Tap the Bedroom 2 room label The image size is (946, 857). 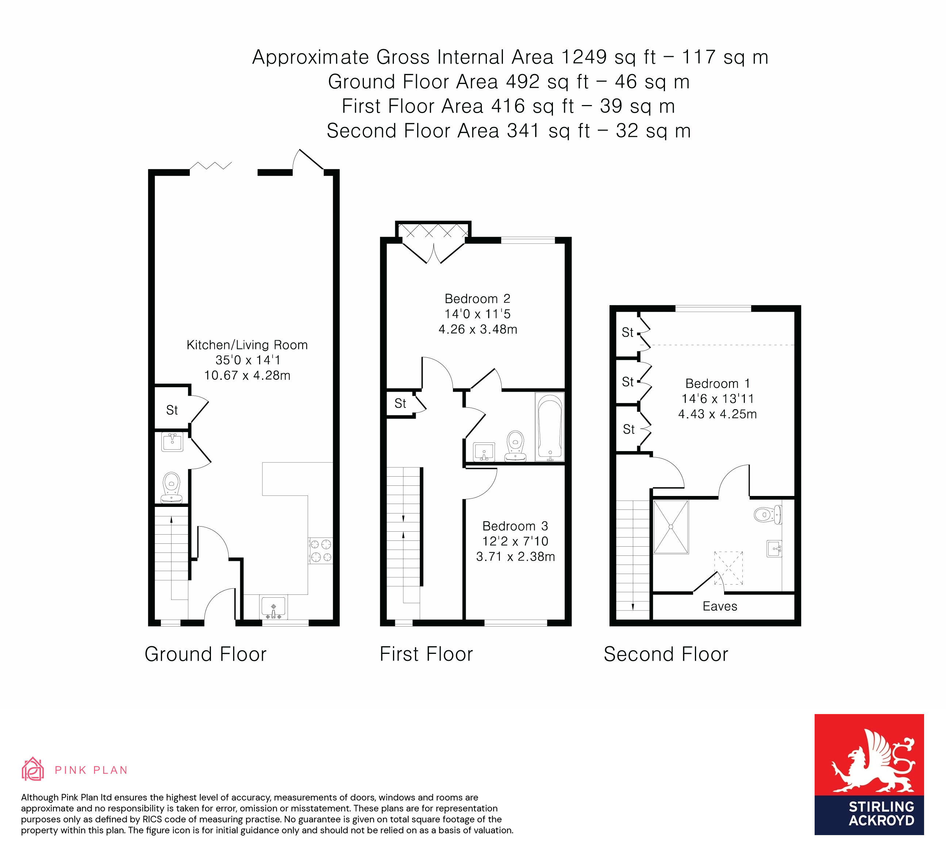[477, 299]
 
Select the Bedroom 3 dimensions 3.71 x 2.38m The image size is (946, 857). [515, 557]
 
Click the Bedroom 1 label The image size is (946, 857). [717, 384]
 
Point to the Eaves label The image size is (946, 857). [719, 606]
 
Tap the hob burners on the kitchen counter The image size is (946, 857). [320, 550]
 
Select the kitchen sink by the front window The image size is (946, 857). [273, 607]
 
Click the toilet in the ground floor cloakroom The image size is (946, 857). [172, 488]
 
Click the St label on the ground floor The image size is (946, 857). [172, 410]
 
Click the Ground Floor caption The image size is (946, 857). [205, 654]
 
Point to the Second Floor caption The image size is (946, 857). [665, 654]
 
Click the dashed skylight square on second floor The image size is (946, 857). [728, 568]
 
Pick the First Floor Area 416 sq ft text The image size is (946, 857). [458, 106]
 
